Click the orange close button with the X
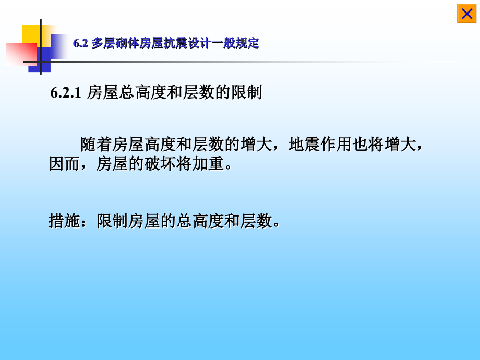466,14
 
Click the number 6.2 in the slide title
80,43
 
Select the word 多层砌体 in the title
113,43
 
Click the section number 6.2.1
66,93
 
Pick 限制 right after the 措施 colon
112,221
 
